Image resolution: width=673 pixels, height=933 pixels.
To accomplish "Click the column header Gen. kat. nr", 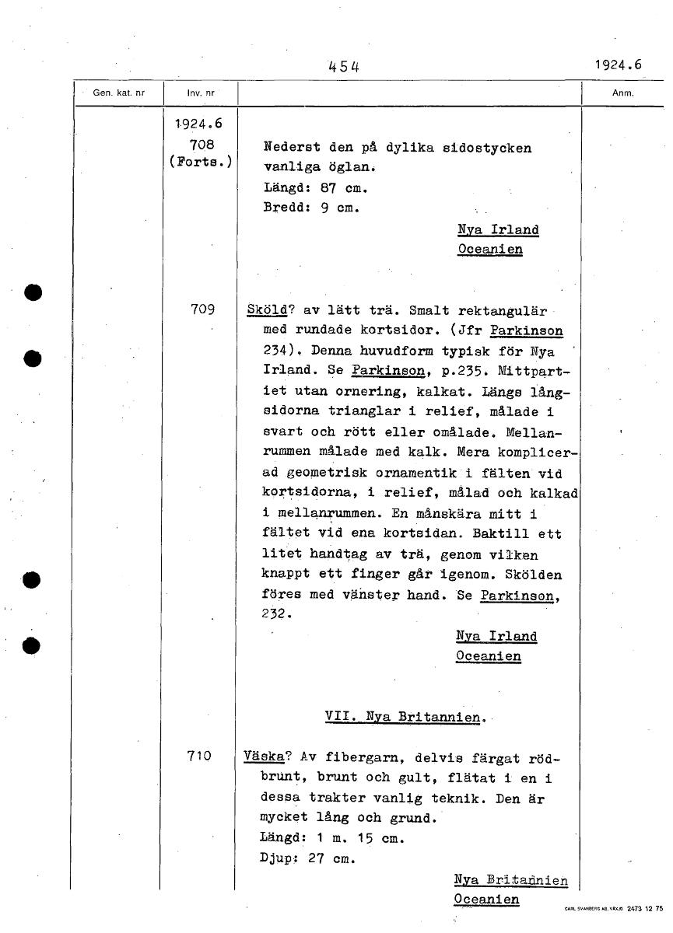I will (119, 93).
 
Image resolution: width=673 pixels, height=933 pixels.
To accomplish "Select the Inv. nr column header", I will (199, 93).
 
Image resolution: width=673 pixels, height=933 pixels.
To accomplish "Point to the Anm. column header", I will (623, 93).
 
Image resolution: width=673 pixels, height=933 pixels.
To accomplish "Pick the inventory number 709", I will (202, 309).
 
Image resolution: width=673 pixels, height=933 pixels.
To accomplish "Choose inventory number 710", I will (201, 753).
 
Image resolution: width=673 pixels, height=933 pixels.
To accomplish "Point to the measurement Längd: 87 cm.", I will (315, 188).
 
